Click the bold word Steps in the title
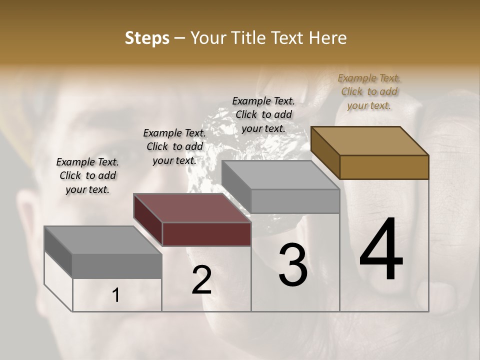tap(147, 38)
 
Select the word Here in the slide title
tap(327, 38)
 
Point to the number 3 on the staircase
tap(293, 265)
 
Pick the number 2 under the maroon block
tap(201, 280)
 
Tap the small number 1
tap(116, 295)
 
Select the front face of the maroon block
tap(207, 234)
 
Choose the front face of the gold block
tap(384, 167)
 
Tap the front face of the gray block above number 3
tap(295, 201)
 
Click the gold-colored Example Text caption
tap(369, 91)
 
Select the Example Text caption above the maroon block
tap(174, 146)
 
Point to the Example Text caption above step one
tap(87, 175)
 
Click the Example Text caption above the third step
tap(263, 114)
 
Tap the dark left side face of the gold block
tap(325, 152)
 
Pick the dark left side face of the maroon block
tap(148, 220)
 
